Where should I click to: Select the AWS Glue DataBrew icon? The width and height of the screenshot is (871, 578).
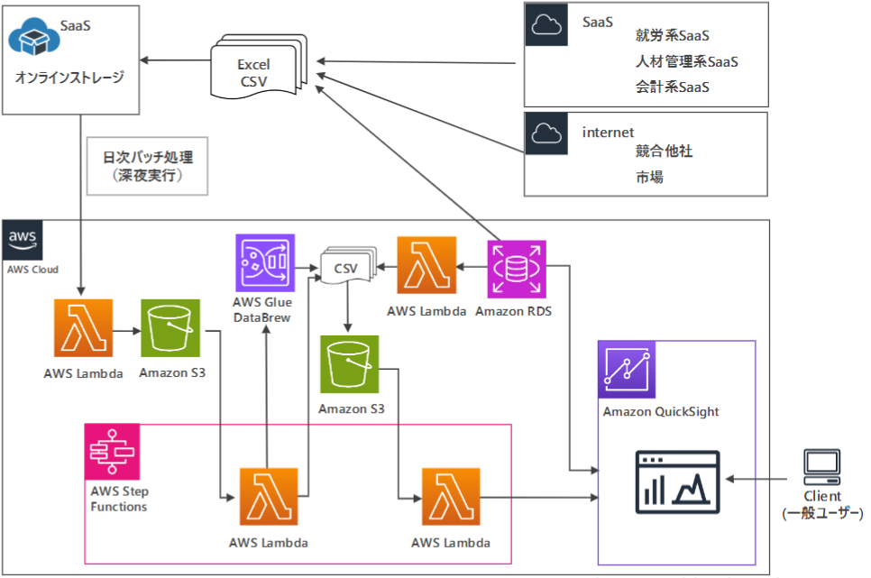point(265,263)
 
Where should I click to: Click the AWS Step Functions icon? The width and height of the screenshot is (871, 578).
point(112,452)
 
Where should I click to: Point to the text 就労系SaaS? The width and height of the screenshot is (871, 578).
point(672,36)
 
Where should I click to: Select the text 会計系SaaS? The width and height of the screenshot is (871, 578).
point(672,87)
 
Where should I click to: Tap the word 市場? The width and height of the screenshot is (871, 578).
point(649,178)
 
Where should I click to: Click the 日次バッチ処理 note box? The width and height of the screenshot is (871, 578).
point(148,166)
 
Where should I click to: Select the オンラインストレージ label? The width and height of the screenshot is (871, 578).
point(69,78)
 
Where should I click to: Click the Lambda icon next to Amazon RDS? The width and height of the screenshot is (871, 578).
point(426,267)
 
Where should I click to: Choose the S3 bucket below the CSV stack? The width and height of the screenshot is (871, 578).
point(349,365)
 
